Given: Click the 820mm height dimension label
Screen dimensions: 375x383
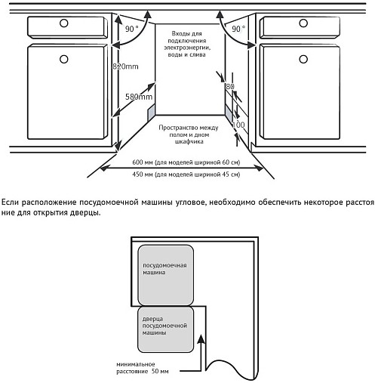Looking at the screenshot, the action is (x=125, y=66).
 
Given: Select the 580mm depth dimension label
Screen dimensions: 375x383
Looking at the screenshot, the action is (x=139, y=97).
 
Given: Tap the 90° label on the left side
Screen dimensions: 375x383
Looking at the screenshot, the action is (x=132, y=29).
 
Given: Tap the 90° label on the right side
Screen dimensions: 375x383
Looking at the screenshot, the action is (x=238, y=29).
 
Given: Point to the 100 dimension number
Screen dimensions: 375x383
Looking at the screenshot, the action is (x=238, y=125).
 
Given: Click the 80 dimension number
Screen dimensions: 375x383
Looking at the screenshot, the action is (x=230, y=86).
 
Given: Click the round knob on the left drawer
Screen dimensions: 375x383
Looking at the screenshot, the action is (x=64, y=23).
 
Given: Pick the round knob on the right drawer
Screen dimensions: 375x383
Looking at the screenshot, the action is (x=303, y=23).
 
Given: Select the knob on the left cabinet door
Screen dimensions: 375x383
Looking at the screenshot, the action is (x=64, y=59).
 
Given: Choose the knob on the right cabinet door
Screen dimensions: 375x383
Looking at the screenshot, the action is (x=303, y=59).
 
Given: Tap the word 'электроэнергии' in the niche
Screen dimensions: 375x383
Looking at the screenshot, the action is (x=187, y=48).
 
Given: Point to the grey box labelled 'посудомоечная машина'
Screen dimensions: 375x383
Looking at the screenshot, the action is (x=165, y=275).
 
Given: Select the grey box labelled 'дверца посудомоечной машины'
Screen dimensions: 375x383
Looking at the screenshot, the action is (x=165, y=330).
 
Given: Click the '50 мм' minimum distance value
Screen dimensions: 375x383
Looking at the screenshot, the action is (x=160, y=371).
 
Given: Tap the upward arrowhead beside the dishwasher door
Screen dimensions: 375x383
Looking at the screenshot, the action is (x=201, y=339).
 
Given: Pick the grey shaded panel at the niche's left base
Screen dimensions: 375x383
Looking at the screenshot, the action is (x=151, y=112).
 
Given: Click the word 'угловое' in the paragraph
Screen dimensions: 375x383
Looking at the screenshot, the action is (x=190, y=202).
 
